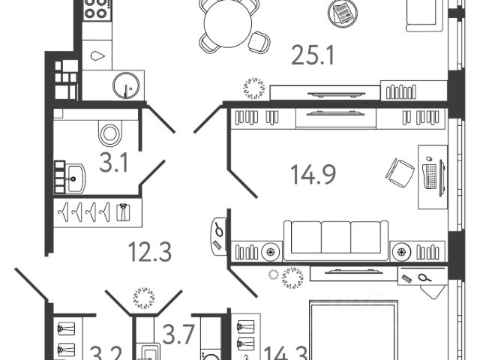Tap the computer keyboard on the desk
tap(433, 177)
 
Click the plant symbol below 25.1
tap(253, 89)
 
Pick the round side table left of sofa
tap(270, 251)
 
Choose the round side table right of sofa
tap(403, 251)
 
